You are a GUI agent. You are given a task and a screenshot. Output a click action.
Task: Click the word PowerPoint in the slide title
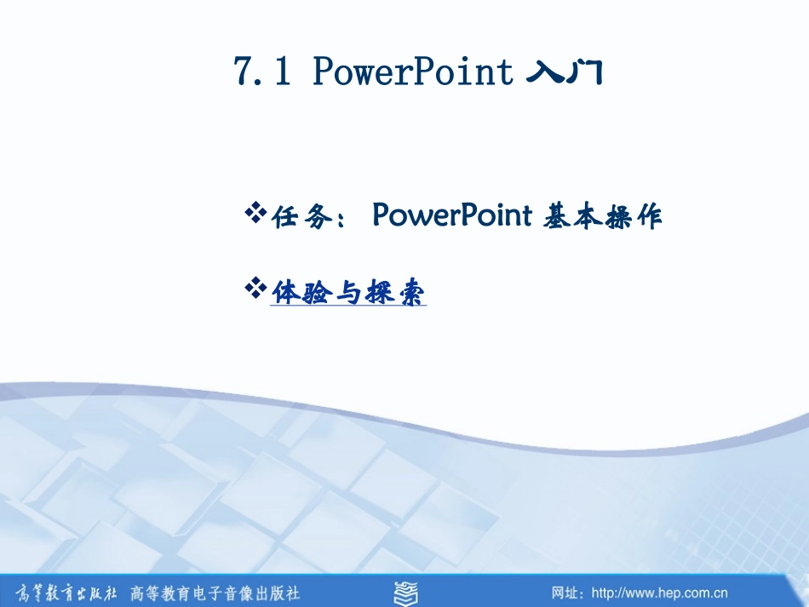point(414,72)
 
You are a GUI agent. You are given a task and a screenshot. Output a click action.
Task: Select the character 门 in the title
point(586,73)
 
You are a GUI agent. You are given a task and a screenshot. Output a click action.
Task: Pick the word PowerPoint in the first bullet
point(451,216)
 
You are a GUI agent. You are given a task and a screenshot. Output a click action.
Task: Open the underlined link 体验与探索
point(348,293)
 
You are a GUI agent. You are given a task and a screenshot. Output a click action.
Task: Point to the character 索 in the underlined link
point(413,293)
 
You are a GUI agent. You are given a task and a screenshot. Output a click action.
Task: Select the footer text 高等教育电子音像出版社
point(215,592)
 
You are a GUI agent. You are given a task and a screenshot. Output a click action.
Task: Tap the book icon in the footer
point(405,592)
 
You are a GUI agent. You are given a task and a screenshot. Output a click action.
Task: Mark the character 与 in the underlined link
point(347,293)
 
